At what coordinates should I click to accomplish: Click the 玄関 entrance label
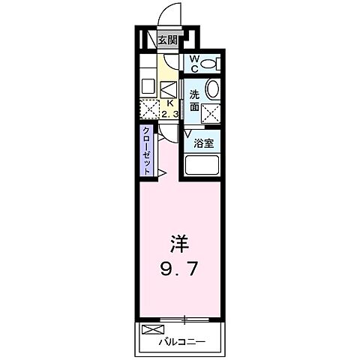[167, 40]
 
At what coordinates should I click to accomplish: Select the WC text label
[193, 63]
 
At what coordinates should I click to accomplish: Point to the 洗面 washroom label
[194, 100]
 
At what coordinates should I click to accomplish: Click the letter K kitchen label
[170, 103]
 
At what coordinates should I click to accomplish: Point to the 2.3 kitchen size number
[170, 115]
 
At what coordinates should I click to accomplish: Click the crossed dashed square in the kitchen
[151, 109]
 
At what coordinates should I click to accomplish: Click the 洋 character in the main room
[179, 244]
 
